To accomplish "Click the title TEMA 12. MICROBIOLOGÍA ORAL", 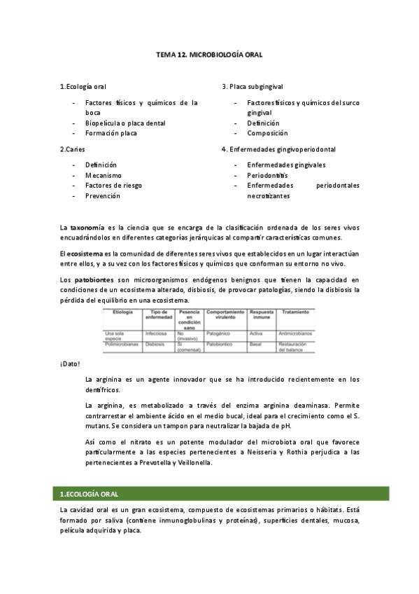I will (x=208, y=54).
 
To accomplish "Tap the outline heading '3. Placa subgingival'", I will (x=253, y=86).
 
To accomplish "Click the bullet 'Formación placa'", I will (x=111, y=133).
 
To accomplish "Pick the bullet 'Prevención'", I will (x=103, y=196).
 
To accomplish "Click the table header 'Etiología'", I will (x=116, y=313).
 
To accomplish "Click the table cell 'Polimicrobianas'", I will (x=121, y=345).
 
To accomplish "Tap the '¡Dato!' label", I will (x=70, y=364).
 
